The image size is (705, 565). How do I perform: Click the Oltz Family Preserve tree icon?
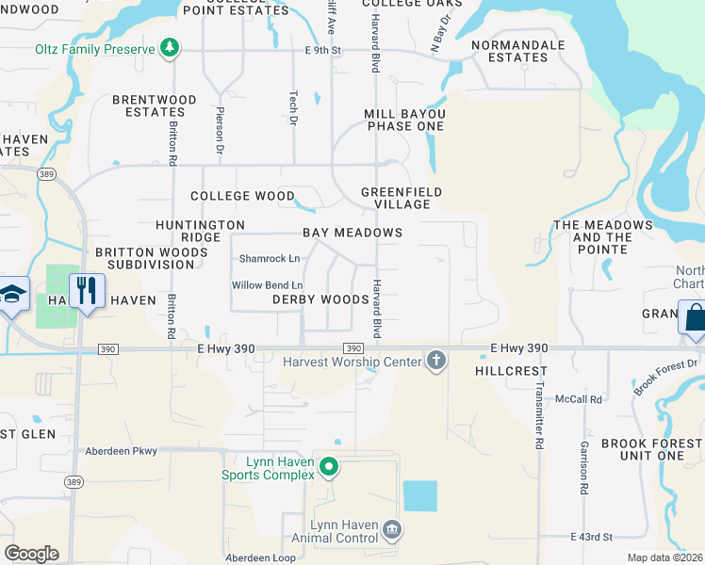point(169,48)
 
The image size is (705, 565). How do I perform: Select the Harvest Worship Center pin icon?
point(435,360)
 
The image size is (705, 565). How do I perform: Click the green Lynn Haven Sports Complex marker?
point(329,465)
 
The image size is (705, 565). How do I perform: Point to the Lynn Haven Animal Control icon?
point(393,532)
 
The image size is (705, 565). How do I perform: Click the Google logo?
point(31,553)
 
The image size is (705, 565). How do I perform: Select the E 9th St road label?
point(320,50)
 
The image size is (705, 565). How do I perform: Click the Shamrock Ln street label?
point(269,258)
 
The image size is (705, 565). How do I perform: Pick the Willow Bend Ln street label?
point(268,285)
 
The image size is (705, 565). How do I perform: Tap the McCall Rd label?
point(579,399)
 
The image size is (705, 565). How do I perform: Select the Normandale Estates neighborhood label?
point(517,51)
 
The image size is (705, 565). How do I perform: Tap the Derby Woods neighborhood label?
point(320,299)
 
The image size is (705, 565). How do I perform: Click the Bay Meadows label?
point(352,233)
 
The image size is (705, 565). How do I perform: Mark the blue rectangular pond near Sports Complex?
point(420,496)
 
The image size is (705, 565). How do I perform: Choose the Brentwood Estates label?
point(155,105)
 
